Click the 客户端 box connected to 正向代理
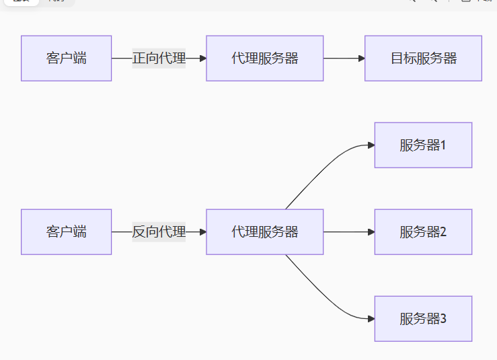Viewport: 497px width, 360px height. (x=66, y=59)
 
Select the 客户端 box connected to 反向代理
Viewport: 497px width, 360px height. (x=66, y=232)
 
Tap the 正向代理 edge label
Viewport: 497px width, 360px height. (x=159, y=59)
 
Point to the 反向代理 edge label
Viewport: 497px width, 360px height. (x=159, y=232)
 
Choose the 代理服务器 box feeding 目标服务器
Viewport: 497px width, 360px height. (x=264, y=59)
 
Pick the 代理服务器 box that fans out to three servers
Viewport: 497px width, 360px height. (x=264, y=232)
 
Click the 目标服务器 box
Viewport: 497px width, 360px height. (x=423, y=59)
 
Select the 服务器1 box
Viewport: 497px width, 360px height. (x=423, y=145)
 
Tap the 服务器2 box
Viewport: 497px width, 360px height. (x=423, y=232)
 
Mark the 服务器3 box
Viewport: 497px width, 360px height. (x=423, y=319)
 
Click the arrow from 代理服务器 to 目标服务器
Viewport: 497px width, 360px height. (x=343, y=59)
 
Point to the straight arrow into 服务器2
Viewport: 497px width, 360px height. (x=348, y=232)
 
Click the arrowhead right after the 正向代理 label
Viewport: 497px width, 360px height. (x=202, y=59)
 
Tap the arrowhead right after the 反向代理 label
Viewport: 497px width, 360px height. (x=202, y=232)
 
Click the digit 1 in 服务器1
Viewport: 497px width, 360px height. (x=443, y=145)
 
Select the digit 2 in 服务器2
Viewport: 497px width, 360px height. (x=443, y=232)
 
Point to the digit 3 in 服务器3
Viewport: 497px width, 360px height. (x=443, y=319)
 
